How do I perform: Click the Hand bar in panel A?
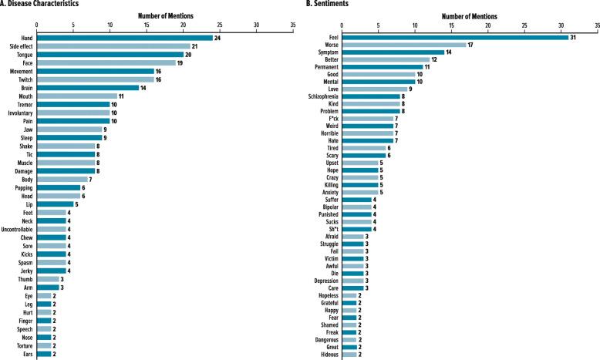(x=124, y=37)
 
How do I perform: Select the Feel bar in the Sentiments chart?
(x=454, y=37)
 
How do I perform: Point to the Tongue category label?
(x=21, y=55)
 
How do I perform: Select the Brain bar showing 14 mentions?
(x=88, y=87)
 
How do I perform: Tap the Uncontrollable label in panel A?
(x=16, y=229)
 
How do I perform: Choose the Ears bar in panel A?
(x=44, y=354)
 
